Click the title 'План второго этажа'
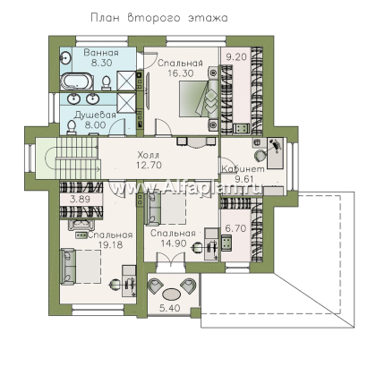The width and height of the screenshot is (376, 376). [159, 18]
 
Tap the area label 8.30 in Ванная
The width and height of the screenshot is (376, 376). [102, 63]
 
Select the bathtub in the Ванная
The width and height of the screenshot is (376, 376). [77, 82]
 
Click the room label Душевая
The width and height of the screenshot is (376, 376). [95, 115]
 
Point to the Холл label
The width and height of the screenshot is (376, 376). [149, 155]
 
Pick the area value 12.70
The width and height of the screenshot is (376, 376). [149, 165]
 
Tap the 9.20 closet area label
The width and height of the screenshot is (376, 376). [236, 56]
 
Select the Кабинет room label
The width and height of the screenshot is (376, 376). [243, 169]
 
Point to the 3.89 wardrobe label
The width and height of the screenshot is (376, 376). [80, 199]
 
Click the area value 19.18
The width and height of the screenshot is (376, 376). [110, 245]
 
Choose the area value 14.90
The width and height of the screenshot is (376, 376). [174, 244]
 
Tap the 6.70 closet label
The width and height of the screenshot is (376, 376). [235, 228]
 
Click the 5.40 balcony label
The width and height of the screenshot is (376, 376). [170, 308]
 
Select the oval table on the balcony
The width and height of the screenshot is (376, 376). [171, 294]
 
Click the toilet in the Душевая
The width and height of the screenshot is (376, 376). [71, 128]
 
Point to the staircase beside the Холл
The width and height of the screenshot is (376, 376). [78, 158]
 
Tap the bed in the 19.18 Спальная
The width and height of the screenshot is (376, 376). [81, 267]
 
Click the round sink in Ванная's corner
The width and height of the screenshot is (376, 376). [66, 57]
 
